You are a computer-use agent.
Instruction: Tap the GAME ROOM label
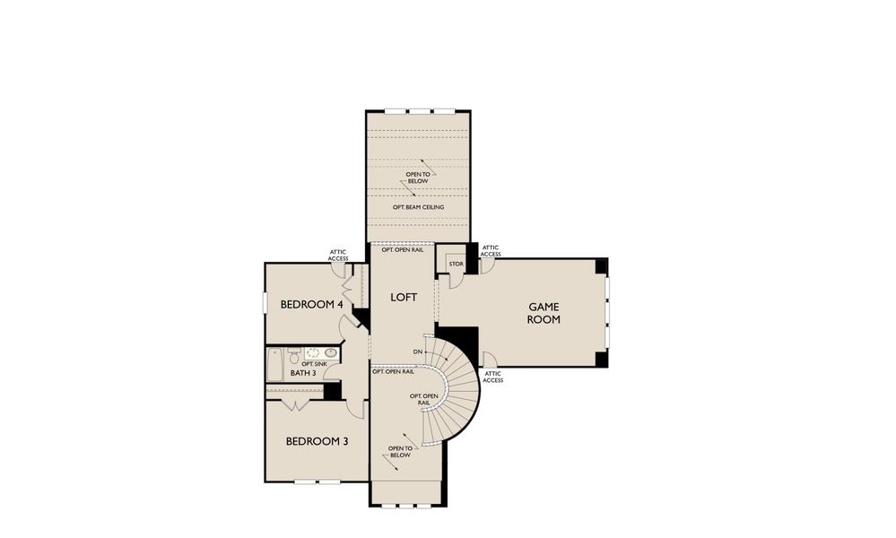(x=544, y=313)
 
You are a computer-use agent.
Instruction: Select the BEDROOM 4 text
(x=312, y=304)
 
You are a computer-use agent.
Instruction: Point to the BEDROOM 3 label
(x=317, y=441)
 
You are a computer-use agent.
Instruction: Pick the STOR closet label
(x=456, y=265)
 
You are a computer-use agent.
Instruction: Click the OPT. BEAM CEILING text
(x=418, y=207)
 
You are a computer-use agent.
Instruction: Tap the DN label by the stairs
(x=418, y=351)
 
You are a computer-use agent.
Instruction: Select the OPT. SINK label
(x=313, y=363)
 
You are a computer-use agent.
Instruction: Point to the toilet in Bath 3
(x=294, y=355)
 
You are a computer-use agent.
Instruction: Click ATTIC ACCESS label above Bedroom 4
(x=338, y=256)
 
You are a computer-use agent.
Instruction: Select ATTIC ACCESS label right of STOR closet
(x=491, y=250)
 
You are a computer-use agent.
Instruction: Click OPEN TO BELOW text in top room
(x=417, y=178)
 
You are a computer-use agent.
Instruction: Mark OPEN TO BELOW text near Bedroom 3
(x=399, y=452)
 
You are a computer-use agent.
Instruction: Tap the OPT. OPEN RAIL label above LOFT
(x=402, y=250)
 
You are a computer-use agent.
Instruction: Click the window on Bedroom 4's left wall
(x=264, y=303)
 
